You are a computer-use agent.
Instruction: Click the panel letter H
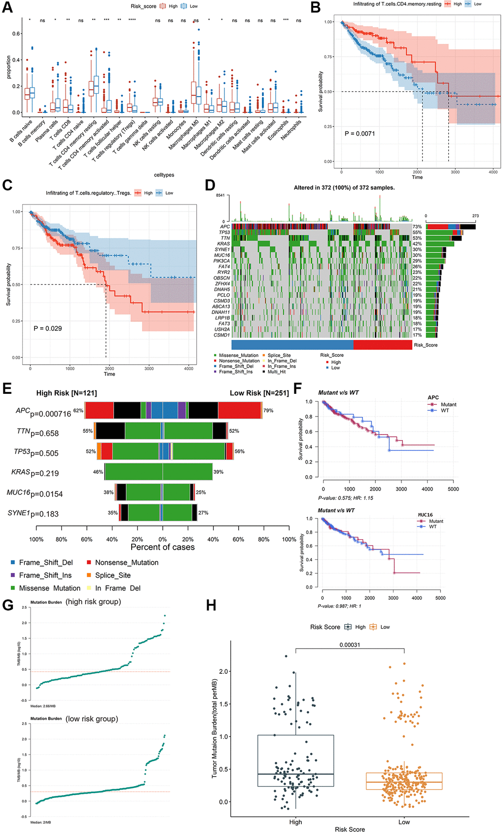(211, 605)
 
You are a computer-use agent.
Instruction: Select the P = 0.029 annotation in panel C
(48, 328)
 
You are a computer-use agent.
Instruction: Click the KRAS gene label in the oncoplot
(223, 244)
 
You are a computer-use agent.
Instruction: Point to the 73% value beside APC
(417, 227)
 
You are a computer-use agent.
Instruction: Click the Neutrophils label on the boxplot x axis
(291, 130)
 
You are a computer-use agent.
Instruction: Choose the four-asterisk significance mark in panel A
(132, 21)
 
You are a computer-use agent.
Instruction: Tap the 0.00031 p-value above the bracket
(350, 645)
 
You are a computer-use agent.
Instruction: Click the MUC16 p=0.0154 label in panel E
(35, 493)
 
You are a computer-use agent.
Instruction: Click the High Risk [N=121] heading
(67, 393)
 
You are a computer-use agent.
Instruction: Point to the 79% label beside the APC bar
(268, 411)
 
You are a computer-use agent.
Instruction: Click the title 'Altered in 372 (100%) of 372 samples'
(344, 188)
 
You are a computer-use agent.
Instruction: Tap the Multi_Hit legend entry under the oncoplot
(276, 372)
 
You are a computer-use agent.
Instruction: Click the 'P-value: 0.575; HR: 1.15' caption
(345, 498)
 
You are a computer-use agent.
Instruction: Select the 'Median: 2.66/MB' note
(43, 706)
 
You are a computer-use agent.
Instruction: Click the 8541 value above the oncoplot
(220, 195)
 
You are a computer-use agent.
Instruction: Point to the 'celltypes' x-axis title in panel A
(164, 175)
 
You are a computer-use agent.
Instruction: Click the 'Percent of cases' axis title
(162, 547)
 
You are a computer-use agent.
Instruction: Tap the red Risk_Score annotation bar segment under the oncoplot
(383, 345)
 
